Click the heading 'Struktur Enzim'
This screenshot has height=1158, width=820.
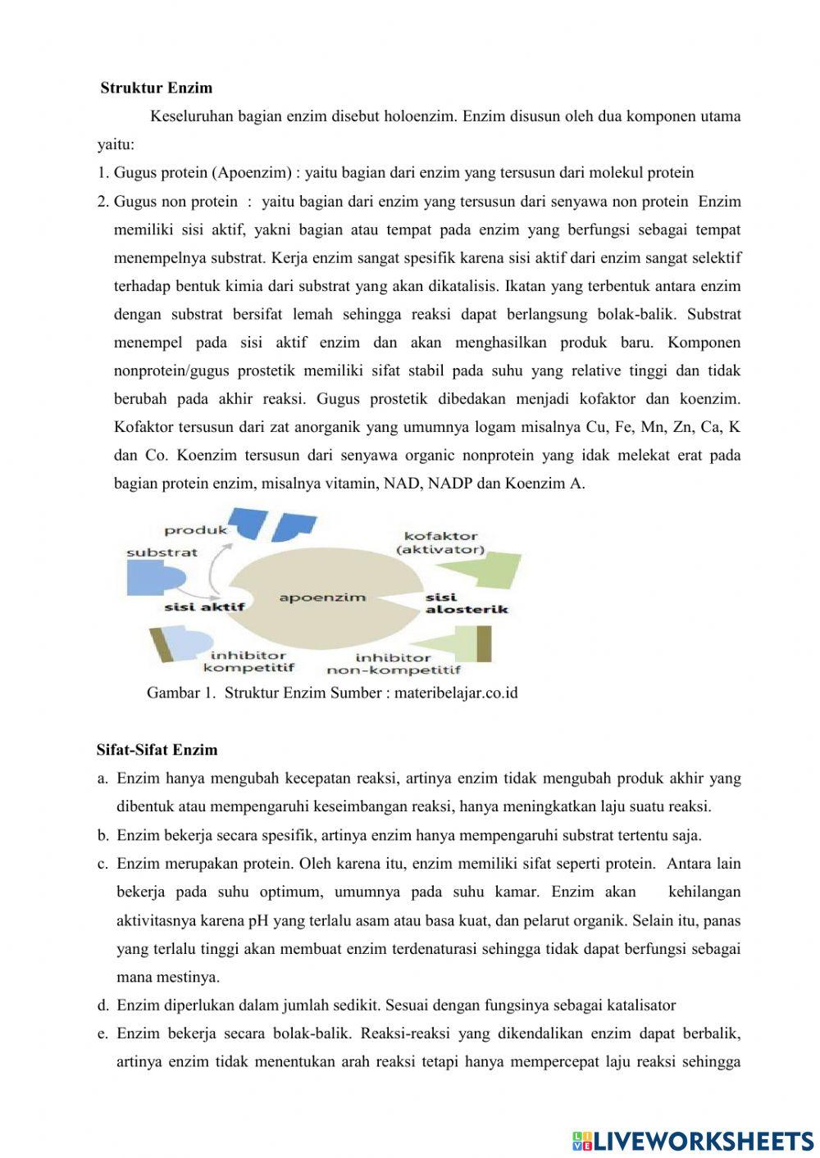(157, 88)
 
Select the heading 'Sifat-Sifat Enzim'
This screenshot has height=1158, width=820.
(157, 749)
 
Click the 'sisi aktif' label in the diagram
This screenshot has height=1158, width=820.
(204, 607)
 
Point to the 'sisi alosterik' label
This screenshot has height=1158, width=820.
(466, 603)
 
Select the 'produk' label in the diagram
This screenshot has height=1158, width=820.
(196, 530)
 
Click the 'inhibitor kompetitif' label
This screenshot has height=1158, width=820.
(248, 661)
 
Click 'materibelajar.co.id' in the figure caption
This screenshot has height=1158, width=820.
(456, 693)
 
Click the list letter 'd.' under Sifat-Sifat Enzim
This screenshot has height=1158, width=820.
(103, 1005)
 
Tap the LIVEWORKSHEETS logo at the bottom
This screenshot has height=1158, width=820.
(693, 1139)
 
